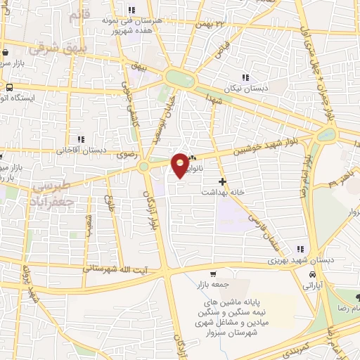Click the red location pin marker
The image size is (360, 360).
180,165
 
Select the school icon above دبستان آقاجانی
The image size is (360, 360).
81,139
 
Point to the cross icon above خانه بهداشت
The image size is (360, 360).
223,181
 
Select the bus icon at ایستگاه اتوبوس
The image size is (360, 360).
9,88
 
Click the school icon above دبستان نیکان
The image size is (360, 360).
244,77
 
